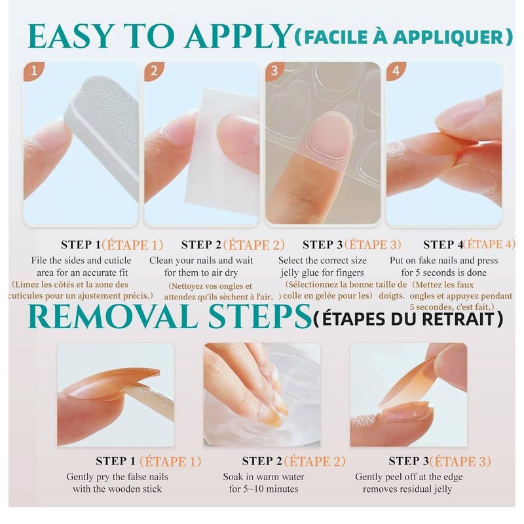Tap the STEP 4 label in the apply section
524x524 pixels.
point(443,245)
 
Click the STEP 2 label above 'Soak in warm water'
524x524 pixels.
point(266,461)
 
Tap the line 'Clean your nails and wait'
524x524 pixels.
point(202,260)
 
